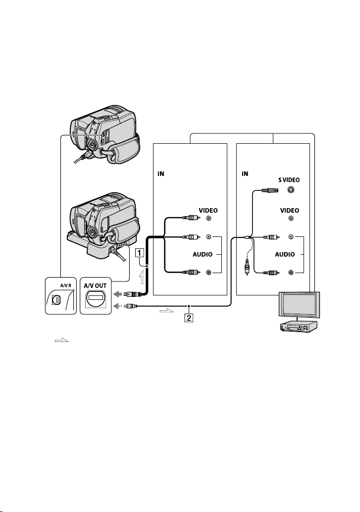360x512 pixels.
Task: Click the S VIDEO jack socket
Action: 290,189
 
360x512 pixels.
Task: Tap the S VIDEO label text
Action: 289,180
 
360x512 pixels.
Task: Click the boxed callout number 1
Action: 140,253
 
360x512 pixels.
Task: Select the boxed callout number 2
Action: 189,317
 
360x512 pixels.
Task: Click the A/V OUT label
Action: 95,285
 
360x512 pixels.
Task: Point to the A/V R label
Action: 65,285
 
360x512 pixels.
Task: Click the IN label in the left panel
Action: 161,173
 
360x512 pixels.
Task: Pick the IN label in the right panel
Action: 245,173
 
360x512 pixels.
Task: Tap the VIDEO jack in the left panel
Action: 208,218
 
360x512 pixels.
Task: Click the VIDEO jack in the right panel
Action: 291,218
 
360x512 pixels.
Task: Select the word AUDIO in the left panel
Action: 203,254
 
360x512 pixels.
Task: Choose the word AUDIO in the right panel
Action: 285,254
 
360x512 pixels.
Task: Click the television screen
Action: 299,304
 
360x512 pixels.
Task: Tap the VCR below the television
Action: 299,326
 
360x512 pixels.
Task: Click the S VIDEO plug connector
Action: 269,189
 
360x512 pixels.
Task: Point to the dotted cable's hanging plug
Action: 247,267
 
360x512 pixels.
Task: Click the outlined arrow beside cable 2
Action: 166,311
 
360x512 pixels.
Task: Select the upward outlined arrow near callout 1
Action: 141,278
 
